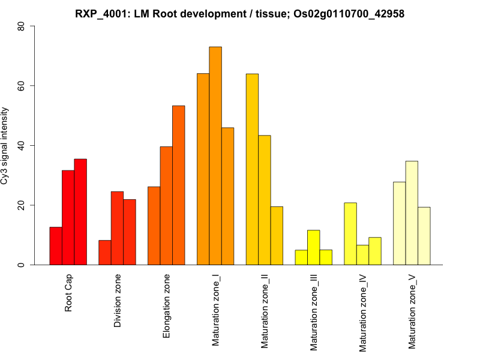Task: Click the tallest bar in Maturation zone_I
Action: [215, 156]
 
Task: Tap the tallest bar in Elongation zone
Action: [178, 185]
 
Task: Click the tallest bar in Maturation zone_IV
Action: [350, 234]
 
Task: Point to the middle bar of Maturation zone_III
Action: [313, 248]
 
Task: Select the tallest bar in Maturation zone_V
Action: [412, 213]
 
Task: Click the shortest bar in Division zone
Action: [105, 253]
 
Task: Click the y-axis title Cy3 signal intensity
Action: [5, 146]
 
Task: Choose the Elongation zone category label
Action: [167, 306]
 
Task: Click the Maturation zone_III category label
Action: [314, 312]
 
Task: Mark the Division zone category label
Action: [118, 302]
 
